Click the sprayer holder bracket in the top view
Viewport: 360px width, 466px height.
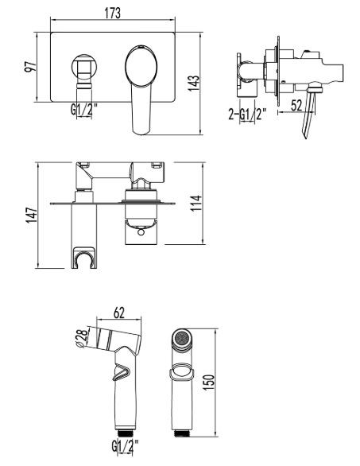(83, 256)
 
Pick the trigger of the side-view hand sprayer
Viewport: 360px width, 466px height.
(124, 371)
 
